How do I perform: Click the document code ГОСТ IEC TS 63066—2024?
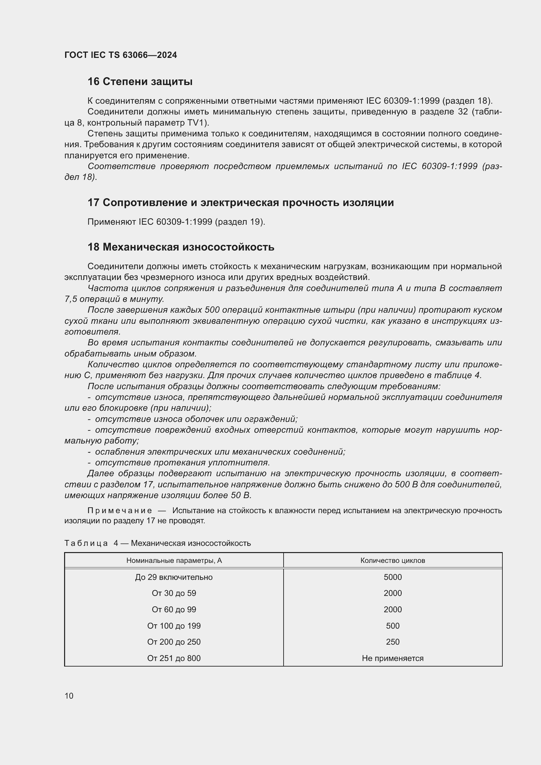pos(121,55)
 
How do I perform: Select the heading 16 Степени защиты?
pos(140,82)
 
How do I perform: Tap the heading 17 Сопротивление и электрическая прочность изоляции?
pos(240,202)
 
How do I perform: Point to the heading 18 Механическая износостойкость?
pos(181,247)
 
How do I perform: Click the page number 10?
pos(69,696)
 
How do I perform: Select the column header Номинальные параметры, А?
pos(174,561)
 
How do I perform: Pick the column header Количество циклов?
pos(393,561)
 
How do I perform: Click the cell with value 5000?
pos(393,577)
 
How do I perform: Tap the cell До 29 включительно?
pos(174,577)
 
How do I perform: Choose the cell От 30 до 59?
pos(174,593)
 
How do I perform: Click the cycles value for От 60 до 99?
pos(393,610)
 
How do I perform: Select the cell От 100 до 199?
pos(174,626)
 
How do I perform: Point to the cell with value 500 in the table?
pos(393,626)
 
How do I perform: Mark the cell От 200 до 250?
pos(174,642)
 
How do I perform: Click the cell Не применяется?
pos(393,658)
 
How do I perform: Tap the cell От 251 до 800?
pos(174,658)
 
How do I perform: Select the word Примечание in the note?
pos(120,511)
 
